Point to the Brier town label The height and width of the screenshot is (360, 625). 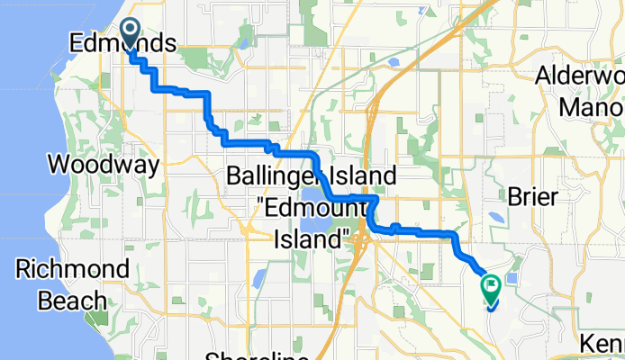[534, 196]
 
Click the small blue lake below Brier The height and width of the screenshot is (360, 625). [497, 217]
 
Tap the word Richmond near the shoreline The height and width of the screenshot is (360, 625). [72, 268]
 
